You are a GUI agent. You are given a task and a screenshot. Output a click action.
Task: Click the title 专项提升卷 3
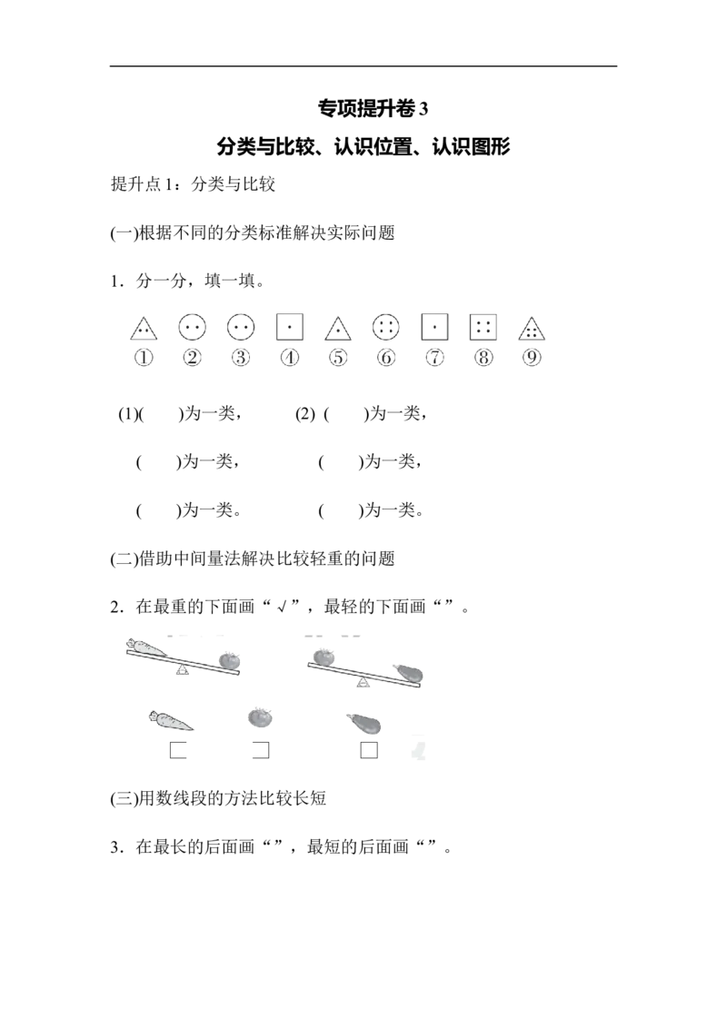[x=373, y=108]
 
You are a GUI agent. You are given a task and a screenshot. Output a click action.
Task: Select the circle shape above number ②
[x=193, y=327]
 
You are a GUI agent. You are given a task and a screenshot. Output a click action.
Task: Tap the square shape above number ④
[x=289, y=327]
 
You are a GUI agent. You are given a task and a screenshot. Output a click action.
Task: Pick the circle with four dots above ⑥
[x=386, y=327]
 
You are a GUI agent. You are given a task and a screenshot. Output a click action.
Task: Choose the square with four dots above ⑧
[x=483, y=327]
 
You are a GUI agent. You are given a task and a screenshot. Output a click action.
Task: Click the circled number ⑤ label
[x=338, y=357]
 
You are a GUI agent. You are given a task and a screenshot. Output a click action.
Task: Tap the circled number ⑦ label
[x=435, y=357]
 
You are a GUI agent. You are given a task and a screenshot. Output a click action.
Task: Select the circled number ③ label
[x=241, y=357]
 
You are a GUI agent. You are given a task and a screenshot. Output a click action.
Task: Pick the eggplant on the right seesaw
[x=408, y=673]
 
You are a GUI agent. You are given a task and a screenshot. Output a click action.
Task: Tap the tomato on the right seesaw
[x=324, y=656]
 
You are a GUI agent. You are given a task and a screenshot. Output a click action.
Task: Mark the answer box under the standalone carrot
[x=178, y=750]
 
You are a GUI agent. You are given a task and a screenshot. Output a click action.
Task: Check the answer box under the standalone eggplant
[x=369, y=750]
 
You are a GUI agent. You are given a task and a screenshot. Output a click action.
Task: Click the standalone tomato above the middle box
[x=261, y=717]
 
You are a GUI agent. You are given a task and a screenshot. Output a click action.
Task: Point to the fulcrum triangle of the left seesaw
[x=183, y=669]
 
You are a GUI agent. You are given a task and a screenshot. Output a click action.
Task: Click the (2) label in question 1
[x=305, y=414]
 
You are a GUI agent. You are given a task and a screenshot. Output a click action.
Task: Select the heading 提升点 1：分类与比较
[x=193, y=184]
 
